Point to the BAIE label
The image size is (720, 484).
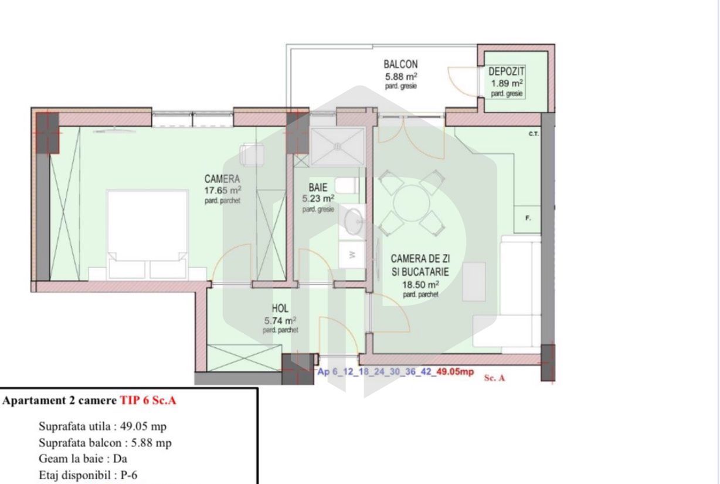pyautogui.click(x=318, y=188)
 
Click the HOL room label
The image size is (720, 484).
pyautogui.click(x=280, y=309)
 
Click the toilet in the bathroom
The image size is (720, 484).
pyautogui.click(x=348, y=186)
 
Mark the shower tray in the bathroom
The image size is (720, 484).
pyautogui.click(x=337, y=147)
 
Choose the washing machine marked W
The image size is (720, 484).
pyautogui.click(x=352, y=255)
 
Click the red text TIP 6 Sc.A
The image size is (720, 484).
pyautogui.click(x=148, y=401)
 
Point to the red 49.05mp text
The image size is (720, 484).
pyautogui.click(x=456, y=371)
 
